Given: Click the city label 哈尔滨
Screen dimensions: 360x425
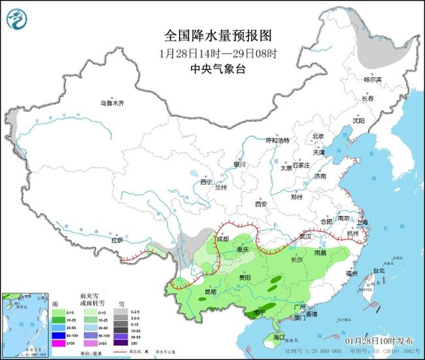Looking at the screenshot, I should (x=372, y=79).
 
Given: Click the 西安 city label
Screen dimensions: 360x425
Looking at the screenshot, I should (x=262, y=204).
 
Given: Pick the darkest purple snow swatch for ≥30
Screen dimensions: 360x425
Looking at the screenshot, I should (x=122, y=343).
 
